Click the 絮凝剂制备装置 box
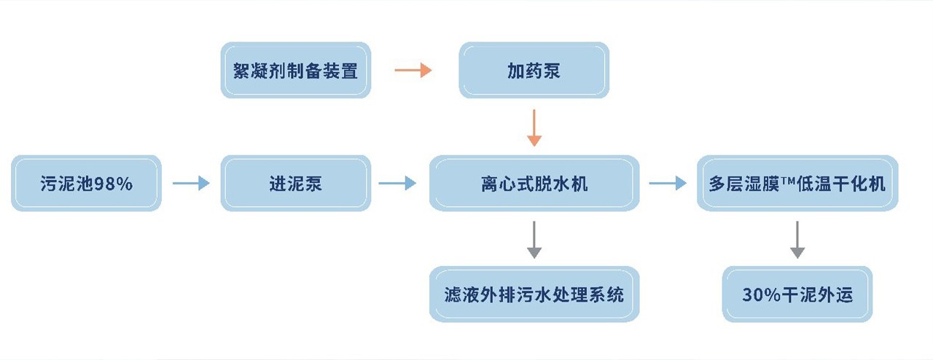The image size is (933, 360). coord(295,70)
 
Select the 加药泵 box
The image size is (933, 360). coord(534,70)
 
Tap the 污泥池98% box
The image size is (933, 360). coord(86,184)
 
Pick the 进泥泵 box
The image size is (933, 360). coord(295,184)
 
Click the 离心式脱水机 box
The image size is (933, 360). coord(534,184)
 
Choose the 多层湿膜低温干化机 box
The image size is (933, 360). coord(797,184)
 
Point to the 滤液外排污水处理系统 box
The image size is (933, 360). coord(534,294)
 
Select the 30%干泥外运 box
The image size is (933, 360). coord(797,294)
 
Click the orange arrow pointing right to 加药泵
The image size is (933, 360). coord(413,71)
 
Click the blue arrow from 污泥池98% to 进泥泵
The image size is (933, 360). coord(191,184)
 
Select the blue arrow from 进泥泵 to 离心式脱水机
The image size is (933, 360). coord(398,184)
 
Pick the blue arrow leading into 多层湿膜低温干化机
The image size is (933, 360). coord(668,184)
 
